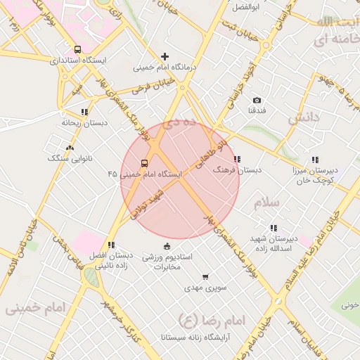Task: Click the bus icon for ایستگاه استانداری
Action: pos(77,50)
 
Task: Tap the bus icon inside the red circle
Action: pos(144,163)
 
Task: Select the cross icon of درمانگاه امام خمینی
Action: pos(165,56)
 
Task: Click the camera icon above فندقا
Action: pos(256,101)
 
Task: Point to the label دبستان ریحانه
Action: pos(84,122)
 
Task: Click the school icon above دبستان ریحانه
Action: pos(84,112)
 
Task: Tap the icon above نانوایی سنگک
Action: pos(70,148)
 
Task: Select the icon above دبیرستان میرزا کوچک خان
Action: pos(316,160)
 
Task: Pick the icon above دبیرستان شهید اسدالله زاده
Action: pos(274,228)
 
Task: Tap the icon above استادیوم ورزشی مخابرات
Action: pos(167,246)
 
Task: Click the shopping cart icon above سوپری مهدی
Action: pos(205,277)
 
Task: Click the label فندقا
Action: pos(257,111)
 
